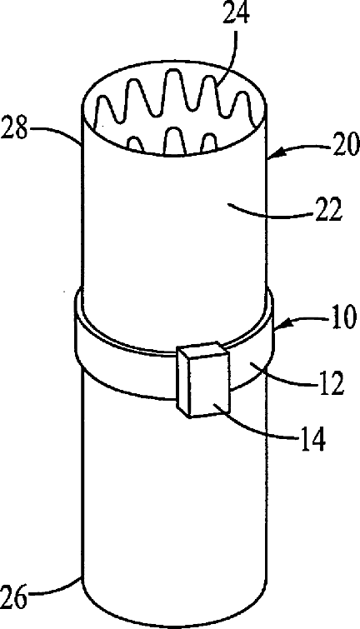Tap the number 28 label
tap(15, 128)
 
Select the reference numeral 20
tap(345, 145)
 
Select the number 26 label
tap(14, 597)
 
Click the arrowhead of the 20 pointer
tap(276, 153)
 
